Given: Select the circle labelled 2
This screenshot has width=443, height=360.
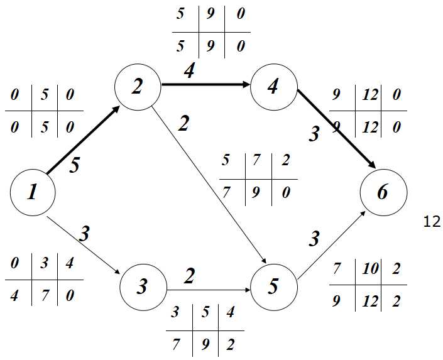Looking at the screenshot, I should point(138,87).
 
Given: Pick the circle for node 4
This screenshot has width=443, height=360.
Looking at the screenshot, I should point(273,87).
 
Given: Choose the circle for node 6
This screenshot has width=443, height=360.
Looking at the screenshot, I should point(383,192).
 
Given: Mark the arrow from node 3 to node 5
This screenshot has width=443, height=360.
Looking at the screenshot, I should point(207,290).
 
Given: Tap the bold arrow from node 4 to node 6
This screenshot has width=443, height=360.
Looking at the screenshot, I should point(336,129).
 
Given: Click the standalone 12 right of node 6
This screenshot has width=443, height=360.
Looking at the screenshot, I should point(432,222).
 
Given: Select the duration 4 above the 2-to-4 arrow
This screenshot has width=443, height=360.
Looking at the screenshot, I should point(189,70).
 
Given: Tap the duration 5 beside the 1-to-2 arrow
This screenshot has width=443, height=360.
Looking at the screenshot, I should point(74,166).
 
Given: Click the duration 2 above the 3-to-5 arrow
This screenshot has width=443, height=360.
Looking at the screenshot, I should point(189,275).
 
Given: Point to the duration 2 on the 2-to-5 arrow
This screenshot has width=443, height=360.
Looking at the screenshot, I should point(183,124).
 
